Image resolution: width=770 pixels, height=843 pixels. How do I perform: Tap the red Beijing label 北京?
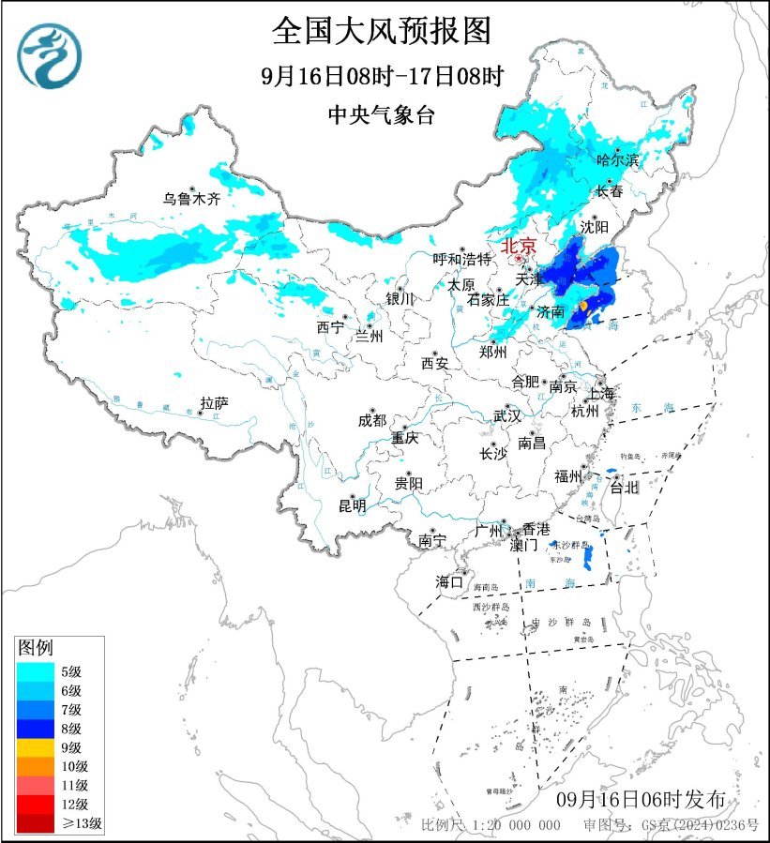518,246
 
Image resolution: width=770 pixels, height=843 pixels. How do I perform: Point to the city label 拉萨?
214,403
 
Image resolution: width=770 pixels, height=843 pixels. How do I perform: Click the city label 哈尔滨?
617,160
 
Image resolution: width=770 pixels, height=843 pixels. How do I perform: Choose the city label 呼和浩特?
461,259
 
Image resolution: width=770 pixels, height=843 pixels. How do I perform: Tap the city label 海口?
449,582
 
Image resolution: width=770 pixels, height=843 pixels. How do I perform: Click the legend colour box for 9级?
34,747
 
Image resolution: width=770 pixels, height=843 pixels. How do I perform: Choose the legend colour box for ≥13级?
34,824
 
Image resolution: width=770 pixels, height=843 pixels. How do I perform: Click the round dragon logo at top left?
50,55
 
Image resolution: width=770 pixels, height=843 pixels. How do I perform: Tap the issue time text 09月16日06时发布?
641,800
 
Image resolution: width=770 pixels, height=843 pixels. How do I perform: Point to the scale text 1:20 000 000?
514,825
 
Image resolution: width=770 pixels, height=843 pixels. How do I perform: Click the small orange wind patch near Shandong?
583,306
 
